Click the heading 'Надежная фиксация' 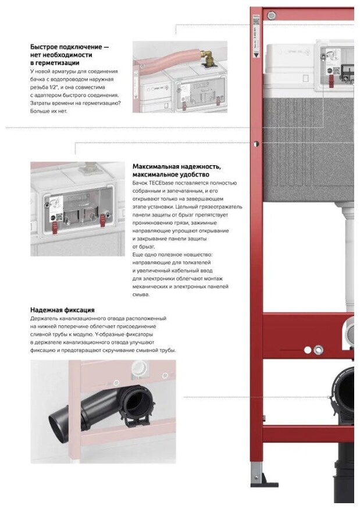62,310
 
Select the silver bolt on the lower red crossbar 318,350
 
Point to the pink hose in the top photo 169,60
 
